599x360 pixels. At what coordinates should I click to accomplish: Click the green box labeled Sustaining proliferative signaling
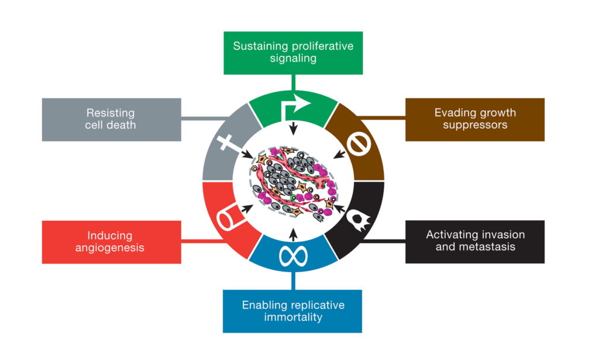(x=293, y=53)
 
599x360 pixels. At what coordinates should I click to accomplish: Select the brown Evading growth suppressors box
(x=474, y=119)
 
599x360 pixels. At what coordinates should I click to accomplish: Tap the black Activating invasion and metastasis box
(x=474, y=241)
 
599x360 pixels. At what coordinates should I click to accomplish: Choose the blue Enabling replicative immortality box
(x=293, y=311)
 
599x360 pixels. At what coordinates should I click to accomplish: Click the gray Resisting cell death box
(x=111, y=119)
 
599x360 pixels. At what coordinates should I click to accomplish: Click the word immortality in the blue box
(x=293, y=318)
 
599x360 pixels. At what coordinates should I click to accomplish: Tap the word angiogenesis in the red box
(x=111, y=248)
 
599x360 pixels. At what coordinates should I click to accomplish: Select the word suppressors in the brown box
(x=475, y=125)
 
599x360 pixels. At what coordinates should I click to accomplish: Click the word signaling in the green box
(x=293, y=59)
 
